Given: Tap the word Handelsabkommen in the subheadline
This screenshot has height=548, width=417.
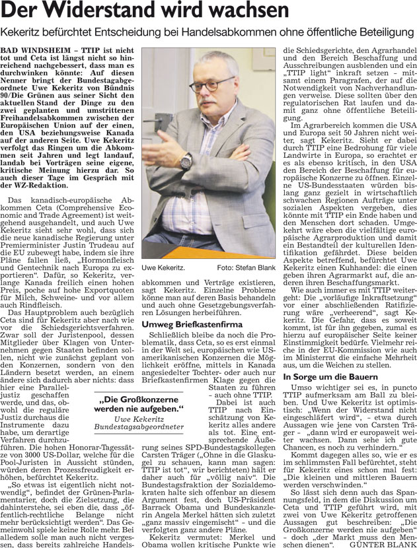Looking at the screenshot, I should tap(217, 33).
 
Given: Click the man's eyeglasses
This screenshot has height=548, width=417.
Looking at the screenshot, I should tap(211, 85).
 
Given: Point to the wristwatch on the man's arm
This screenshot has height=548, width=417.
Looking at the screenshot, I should tap(186, 162).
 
